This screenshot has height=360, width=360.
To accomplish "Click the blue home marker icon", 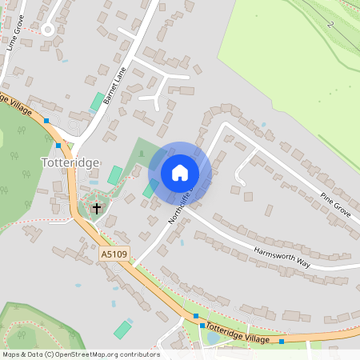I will point(180,173).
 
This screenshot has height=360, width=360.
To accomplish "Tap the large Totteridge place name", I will point(70,162).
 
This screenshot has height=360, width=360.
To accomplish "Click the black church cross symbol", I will point(98,209).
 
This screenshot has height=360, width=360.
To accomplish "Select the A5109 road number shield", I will point(114,254).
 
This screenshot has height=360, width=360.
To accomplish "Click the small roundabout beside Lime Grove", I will point(47,30).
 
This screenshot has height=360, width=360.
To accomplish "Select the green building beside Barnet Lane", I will point(97,102).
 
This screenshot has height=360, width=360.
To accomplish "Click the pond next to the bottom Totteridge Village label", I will point(214,337).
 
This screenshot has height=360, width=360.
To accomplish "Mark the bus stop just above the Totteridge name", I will point(58,146).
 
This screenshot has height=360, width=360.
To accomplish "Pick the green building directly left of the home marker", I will point(149,189).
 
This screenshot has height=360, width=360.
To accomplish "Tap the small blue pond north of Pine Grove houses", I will point(264,125).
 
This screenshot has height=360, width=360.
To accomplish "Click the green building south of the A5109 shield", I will point(123,329).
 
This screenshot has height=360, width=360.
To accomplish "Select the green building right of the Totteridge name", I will point(115,174).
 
